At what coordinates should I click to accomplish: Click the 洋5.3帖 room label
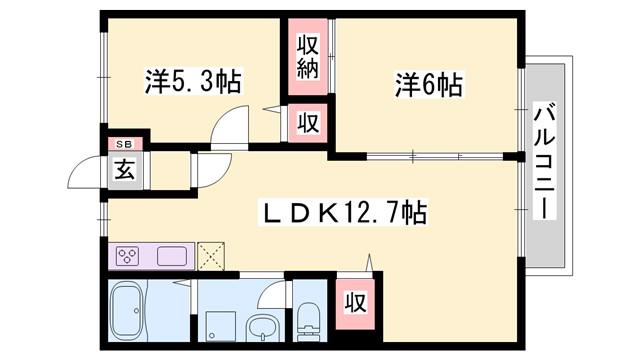pyautogui.click(x=193, y=82)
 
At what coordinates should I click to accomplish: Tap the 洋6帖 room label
pyautogui.click(x=429, y=85)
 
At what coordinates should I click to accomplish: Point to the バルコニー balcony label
pyautogui.click(x=545, y=160)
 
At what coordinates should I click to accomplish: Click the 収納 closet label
pyautogui.click(x=307, y=57)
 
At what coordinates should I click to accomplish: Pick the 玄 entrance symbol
pyautogui.click(x=124, y=170)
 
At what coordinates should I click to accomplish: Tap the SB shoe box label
pyautogui.click(x=124, y=144)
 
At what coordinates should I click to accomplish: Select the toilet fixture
pyautogui.click(x=309, y=322)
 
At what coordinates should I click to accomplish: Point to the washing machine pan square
pyautogui.click(x=220, y=326)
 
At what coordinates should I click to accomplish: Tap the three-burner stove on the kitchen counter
pyautogui.click(x=127, y=257)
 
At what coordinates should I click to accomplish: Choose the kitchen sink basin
pyautogui.click(x=172, y=257)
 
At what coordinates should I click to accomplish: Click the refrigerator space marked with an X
pyautogui.click(x=211, y=256)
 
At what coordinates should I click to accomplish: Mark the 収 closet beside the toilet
pyautogui.click(x=355, y=303)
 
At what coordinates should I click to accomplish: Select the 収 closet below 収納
pyautogui.click(x=308, y=122)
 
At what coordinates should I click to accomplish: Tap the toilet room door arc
pyautogui.click(x=270, y=292)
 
